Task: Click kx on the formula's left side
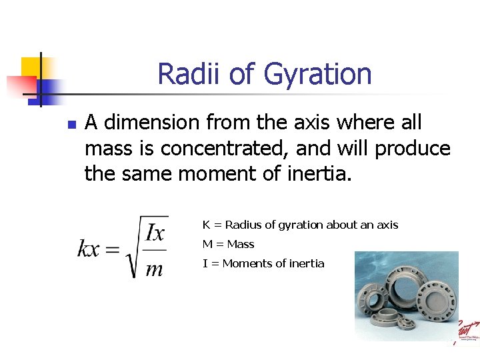(89, 249)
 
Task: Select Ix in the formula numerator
(155, 233)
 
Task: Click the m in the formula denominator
(154, 268)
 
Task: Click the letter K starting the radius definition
(207, 225)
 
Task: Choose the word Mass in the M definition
(241, 244)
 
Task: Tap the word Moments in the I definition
(245, 263)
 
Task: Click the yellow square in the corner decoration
(31, 67)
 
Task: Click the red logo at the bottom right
(467, 330)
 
